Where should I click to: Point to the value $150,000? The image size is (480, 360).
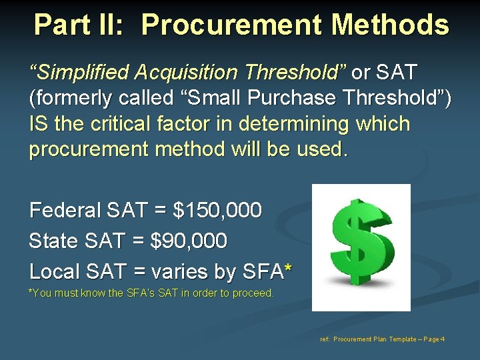[x=217, y=211]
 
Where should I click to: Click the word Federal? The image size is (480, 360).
[x=65, y=211]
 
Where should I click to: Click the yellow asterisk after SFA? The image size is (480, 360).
[x=287, y=269]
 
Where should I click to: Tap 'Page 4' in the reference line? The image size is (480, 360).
[x=433, y=339]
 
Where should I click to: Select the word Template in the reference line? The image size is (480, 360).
[x=401, y=339]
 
